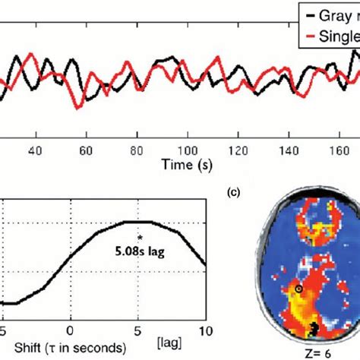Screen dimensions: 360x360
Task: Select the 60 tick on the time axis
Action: tap(87, 150)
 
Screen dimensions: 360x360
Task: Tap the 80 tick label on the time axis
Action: tap(137, 150)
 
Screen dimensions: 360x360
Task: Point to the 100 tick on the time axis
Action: tap(187, 150)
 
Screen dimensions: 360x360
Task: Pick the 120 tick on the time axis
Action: tap(238, 150)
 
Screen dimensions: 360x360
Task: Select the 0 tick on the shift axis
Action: tap(70, 330)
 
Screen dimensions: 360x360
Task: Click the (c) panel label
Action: tap(236, 194)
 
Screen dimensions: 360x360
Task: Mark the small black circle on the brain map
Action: tap(298, 289)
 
